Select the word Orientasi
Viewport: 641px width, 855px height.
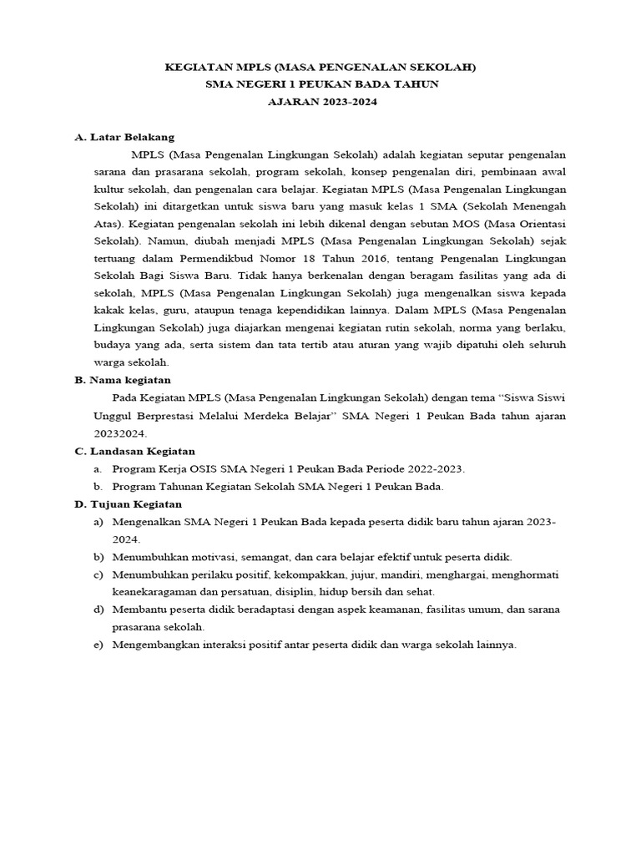pos(540,224)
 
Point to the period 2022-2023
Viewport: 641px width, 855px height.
pos(434,469)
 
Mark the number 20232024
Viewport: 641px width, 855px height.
pos(121,433)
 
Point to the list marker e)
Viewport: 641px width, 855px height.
pos(99,645)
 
